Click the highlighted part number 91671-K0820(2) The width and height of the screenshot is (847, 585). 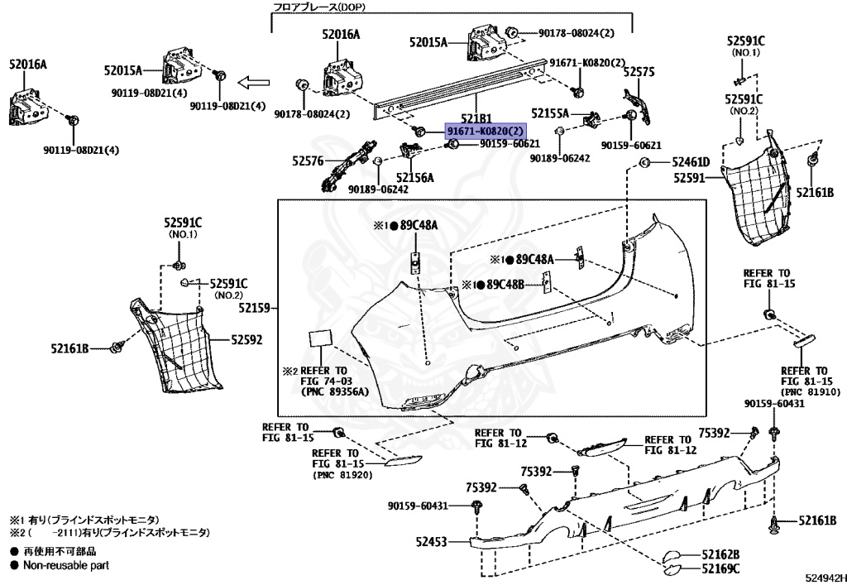point(485,131)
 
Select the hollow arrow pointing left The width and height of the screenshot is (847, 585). point(256,82)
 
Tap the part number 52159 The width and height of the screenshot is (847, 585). point(256,308)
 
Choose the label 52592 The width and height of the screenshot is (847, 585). point(246,339)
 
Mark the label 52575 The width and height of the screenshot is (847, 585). point(639,73)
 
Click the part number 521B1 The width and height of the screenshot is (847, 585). point(476,118)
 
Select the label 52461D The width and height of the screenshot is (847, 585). point(691,162)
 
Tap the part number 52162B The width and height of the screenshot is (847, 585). point(720,554)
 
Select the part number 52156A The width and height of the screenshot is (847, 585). point(414,177)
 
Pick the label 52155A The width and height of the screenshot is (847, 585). point(550,113)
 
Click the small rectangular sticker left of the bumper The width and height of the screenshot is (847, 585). point(321,340)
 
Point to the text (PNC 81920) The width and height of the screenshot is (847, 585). point(342,476)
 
